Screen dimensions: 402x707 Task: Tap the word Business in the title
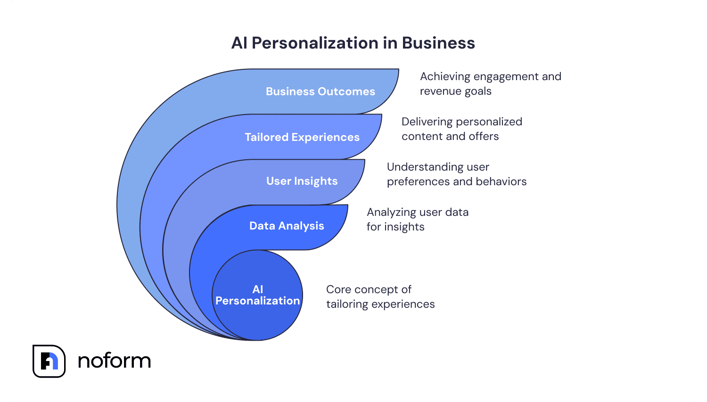[438, 43]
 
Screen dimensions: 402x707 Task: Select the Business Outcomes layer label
[321, 91]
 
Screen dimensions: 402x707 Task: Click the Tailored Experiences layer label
[302, 137]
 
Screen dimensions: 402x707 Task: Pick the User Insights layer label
[302, 181]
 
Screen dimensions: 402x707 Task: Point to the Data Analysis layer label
[287, 226]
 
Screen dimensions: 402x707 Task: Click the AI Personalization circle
[257, 295]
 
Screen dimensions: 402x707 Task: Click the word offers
[484, 137]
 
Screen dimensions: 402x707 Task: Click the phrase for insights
[395, 227]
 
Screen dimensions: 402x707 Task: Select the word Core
[338, 289]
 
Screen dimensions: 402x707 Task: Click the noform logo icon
[49, 361]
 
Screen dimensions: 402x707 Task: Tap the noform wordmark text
[114, 361]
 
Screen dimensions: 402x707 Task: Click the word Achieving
[445, 77]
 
